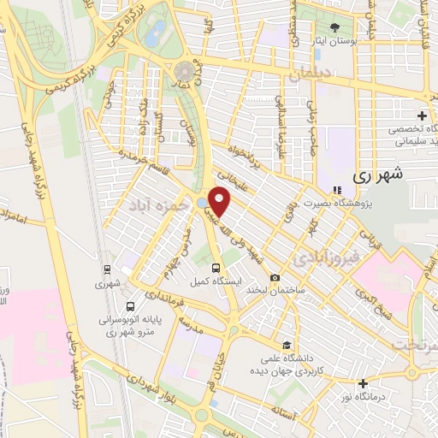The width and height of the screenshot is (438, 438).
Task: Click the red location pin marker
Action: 220,201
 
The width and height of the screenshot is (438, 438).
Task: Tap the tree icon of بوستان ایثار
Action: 334,27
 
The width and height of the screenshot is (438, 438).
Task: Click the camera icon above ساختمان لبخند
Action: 275,278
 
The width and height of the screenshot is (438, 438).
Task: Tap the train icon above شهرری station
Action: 105,267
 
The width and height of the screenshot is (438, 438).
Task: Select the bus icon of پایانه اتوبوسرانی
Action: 129,306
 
